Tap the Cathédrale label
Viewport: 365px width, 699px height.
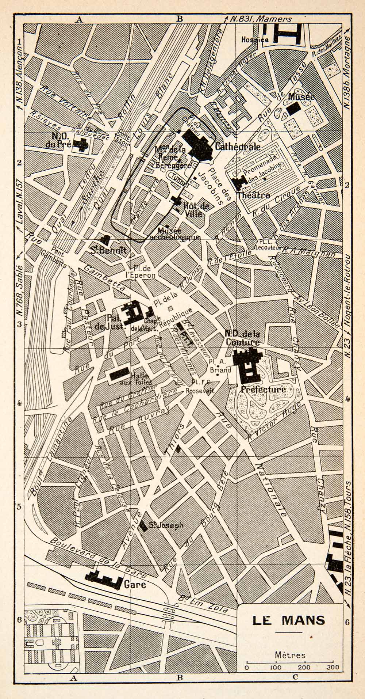238,147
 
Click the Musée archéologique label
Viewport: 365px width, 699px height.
179,234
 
